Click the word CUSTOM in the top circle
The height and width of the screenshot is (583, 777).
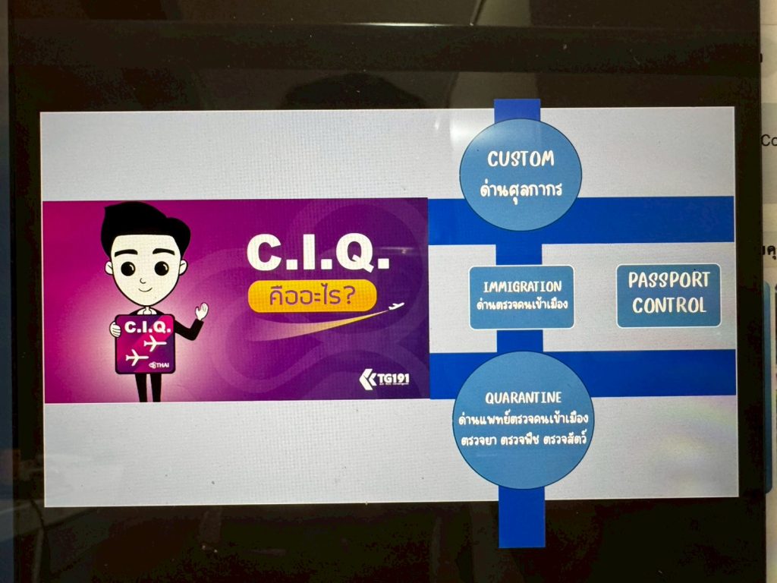521,159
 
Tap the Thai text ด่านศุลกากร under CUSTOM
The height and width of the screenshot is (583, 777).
521,189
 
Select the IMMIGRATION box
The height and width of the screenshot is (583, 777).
522,297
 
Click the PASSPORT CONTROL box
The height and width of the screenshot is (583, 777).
668,295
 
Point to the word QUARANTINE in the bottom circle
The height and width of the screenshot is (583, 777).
524,398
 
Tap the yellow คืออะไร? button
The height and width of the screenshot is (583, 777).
312,296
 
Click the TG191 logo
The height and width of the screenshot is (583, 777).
385,380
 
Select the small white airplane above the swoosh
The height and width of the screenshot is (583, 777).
396,307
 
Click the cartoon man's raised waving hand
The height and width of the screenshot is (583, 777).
201,310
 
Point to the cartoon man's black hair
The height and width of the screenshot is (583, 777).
144,225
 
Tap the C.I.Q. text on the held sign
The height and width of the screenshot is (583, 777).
147,326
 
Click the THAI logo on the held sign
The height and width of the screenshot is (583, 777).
159,365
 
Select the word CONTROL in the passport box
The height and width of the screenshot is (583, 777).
669,305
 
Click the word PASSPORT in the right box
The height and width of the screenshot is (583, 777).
669,280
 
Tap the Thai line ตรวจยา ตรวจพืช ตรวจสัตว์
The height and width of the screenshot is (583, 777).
524,440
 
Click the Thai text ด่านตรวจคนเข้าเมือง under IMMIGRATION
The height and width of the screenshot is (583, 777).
522,304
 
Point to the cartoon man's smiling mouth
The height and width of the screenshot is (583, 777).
144,287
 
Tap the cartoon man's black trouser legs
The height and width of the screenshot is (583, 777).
149,386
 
